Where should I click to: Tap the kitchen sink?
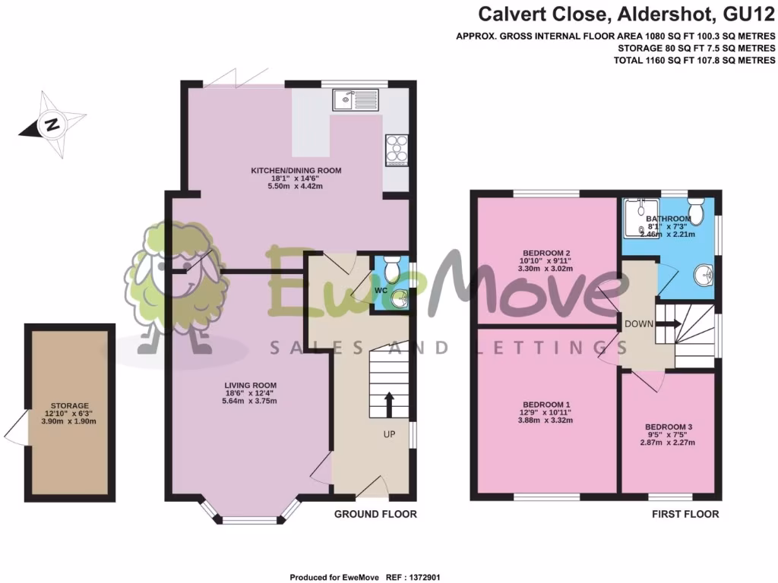click(355, 99)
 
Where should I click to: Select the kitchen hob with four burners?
click(397, 150)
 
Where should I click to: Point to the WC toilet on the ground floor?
click(393, 269)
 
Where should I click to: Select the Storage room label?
click(70, 406)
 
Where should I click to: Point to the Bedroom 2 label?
click(546, 253)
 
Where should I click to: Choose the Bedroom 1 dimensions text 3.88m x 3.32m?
click(546, 420)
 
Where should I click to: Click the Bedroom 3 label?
click(669, 427)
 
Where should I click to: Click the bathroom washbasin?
click(704, 275)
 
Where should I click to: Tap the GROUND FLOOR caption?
click(376, 514)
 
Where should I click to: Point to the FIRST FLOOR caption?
click(685, 514)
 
